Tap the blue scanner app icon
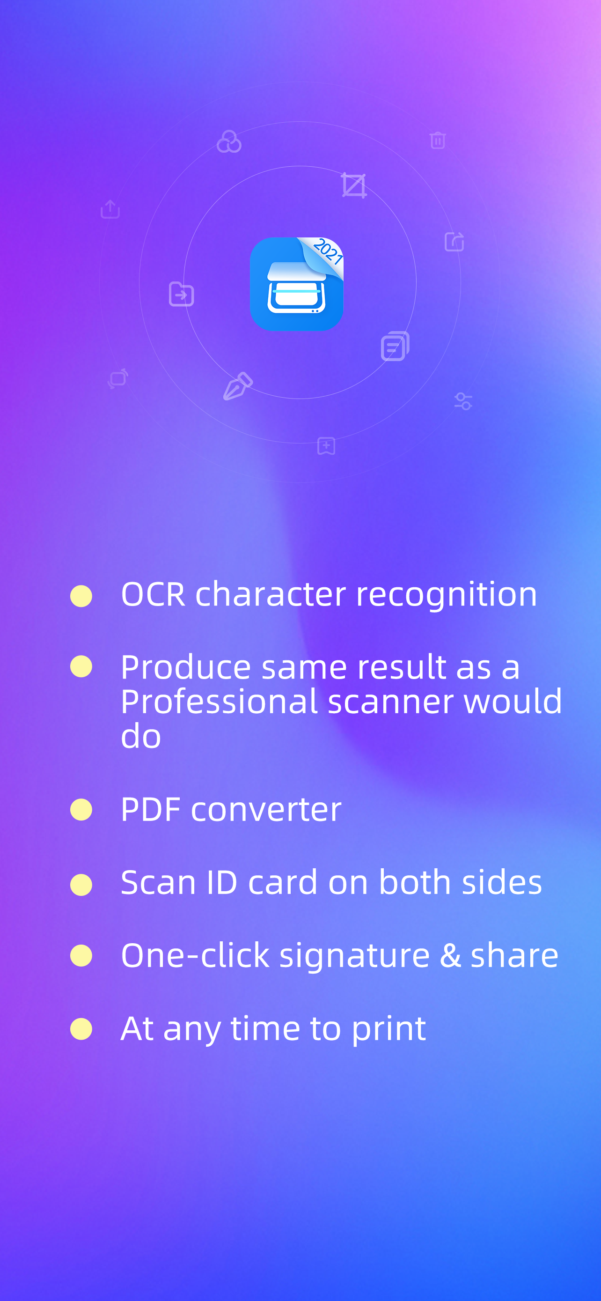click(x=296, y=284)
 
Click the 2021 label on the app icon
click(x=328, y=251)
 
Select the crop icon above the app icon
click(x=353, y=185)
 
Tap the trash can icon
click(x=438, y=140)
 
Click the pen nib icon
click(x=238, y=386)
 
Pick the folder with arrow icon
click(x=181, y=294)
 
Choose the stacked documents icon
click(x=395, y=346)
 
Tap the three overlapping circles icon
click(x=229, y=141)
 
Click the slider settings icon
click(x=463, y=401)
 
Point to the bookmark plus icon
click(x=326, y=446)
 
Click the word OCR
click(x=154, y=594)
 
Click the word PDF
click(x=151, y=810)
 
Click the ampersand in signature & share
click(x=450, y=955)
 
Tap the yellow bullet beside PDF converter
click(x=81, y=810)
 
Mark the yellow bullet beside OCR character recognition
click(x=81, y=596)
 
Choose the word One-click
click(x=195, y=955)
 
